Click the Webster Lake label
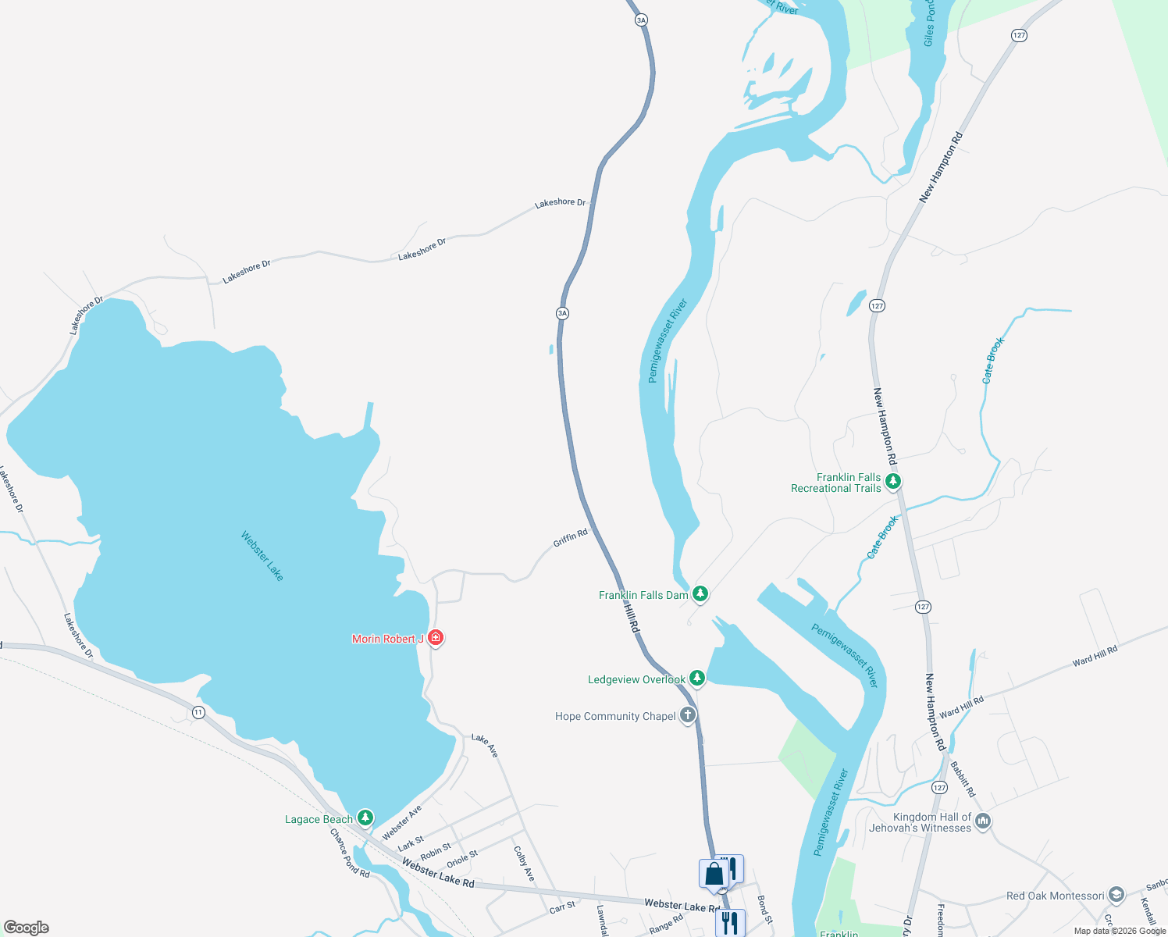pos(262,556)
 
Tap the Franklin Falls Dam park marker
pos(700,595)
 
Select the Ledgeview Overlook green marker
pos(697,679)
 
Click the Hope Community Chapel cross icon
pos(688,716)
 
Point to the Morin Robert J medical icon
pos(436,639)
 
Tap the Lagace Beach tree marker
pos(365,818)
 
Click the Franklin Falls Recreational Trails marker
pos(893,482)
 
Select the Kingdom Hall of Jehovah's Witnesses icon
pos(983,821)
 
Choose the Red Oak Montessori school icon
pos(1116,896)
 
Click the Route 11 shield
pos(199,712)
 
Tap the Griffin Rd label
pos(570,538)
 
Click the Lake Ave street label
pos(485,745)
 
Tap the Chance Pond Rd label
pos(349,853)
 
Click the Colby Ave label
pos(524,864)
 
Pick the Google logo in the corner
pos(27,928)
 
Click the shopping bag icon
pos(714,874)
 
